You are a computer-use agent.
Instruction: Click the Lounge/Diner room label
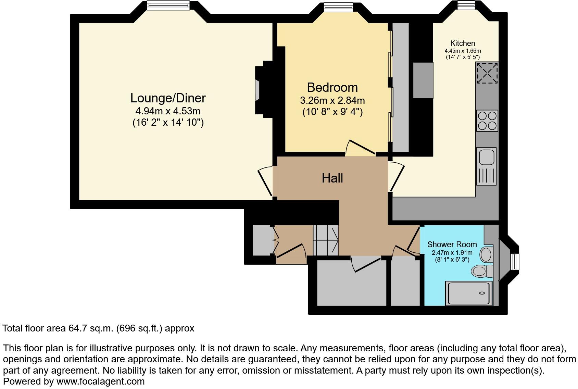coord(168,98)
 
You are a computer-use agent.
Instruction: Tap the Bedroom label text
coord(332,88)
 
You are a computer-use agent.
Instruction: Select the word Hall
coord(332,178)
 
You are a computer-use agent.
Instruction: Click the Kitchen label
coord(463,43)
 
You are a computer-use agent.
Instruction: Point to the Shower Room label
coord(452,244)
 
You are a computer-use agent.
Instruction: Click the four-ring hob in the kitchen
coord(487,121)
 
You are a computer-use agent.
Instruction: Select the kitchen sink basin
coord(486,158)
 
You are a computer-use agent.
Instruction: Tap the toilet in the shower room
coord(481,271)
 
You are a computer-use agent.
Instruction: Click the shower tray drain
coord(482,293)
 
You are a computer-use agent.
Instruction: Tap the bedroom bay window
coord(338,6)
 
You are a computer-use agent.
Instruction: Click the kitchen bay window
coord(466,4)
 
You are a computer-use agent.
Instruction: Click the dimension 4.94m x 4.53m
coord(168,111)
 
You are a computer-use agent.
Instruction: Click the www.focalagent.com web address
coord(100,381)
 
